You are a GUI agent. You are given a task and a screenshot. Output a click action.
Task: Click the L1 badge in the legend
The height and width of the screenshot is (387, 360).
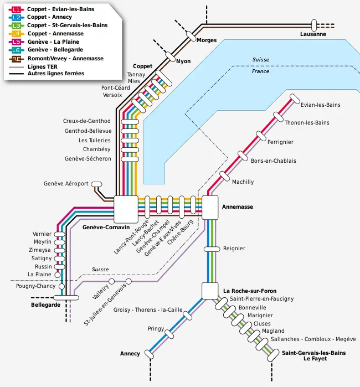click(x=17, y=9)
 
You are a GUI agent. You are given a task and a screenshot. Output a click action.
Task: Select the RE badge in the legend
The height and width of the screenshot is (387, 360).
click(x=17, y=58)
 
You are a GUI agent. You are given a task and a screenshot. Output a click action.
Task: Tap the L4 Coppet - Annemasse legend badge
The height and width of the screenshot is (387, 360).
click(x=17, y=33)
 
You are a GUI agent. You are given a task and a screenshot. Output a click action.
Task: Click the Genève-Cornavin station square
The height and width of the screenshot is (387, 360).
click(x=126, y=209)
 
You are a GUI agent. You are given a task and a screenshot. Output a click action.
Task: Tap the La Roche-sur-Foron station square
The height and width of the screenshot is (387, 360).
click(x=210, y=291)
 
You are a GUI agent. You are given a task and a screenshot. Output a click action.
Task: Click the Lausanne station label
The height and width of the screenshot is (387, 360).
click(x=313, y=34)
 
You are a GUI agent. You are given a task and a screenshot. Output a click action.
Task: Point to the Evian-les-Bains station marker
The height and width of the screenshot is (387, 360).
click(x=291, y=100)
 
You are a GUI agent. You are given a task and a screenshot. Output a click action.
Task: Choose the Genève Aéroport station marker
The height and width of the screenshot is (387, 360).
click(x=96, y=184)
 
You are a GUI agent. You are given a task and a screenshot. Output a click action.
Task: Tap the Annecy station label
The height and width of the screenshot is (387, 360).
click(x=130, y=354)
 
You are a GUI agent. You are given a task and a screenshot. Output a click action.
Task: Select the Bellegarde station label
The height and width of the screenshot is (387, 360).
click(x=45, y=305)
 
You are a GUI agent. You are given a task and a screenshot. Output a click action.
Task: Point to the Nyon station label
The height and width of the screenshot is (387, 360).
click(x=183, y=61)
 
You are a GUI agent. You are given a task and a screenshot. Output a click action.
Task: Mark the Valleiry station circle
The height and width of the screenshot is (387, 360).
click(x=111, y=282)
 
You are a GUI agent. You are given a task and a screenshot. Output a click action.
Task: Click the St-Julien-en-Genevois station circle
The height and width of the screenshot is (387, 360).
click(x=128, y=282)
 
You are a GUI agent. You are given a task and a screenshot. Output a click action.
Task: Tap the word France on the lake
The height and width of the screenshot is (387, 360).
click(x=260, y=71)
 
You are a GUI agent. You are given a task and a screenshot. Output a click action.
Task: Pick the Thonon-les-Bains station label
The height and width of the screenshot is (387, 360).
click(x=304, y=123)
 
